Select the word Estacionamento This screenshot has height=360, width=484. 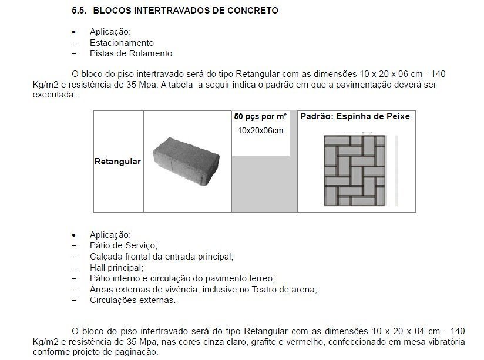pyautogui.click(x=122, y=43)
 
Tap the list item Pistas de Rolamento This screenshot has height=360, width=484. pyautogui.click(x=131, y=53)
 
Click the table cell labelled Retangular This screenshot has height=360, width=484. pyautogui.click(x=117, y=162)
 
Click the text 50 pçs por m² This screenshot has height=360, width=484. pyautogui.click(x=260, y=117)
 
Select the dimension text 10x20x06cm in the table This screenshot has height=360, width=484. pyautogui.click(x=260, y=130)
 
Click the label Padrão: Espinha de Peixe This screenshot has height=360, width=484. pyautogui.click(x=355, y=117)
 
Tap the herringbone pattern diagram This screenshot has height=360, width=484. pyautogui.click(x=354, y=170)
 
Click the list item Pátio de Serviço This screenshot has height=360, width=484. pyautogui.click(x=123, y=245)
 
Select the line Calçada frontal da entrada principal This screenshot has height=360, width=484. pyautogui.click(x=162, y=257)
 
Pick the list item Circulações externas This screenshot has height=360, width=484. pyautogui.click(x=132, y=300)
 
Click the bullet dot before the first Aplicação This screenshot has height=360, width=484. pyautogui.click(x=73, y=32)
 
